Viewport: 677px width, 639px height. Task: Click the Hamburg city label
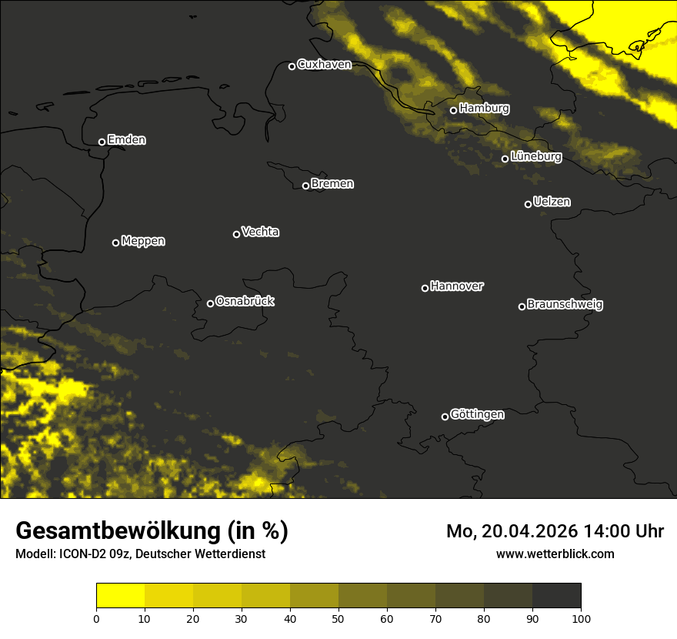[x=484, y=109]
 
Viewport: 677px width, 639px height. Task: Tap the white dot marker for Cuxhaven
[x=292, y=66]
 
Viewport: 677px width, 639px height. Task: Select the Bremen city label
[x=332, y=184]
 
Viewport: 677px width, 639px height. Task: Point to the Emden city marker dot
[x=102, y=142]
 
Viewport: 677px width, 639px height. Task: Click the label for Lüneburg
[x=535, y=157]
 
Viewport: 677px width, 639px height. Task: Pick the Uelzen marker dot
[x=528, y=204]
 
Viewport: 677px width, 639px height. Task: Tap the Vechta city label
[x=260, y=232]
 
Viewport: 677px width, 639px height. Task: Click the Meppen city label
[x=143, y=241]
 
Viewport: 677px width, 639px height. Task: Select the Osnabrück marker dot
[x=210, y=303]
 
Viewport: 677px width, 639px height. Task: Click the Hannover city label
[x=457, y=286]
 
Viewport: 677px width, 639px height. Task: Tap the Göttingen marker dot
[x=445, y=417]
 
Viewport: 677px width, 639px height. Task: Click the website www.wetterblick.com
[x=555, y=554]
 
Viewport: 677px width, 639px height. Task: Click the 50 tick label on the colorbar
[x=338, y=618]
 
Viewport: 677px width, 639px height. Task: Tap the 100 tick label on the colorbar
[x=581, y=618]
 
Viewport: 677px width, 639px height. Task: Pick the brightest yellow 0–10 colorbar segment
[x=120, y=596]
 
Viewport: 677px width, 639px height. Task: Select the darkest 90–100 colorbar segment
[x=556, y=596]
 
